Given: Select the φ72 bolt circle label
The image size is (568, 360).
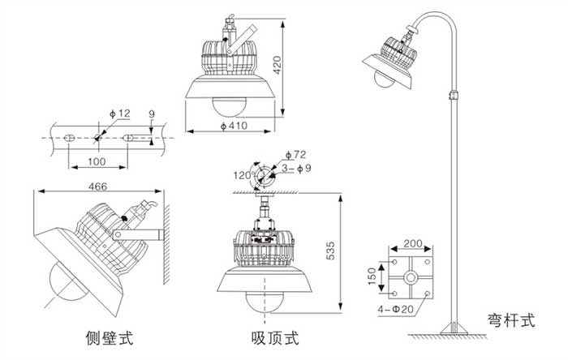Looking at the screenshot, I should point(296,153).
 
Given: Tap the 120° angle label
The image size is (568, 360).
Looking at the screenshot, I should point(243,175).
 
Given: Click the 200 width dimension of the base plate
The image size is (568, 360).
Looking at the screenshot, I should point(412,243).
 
